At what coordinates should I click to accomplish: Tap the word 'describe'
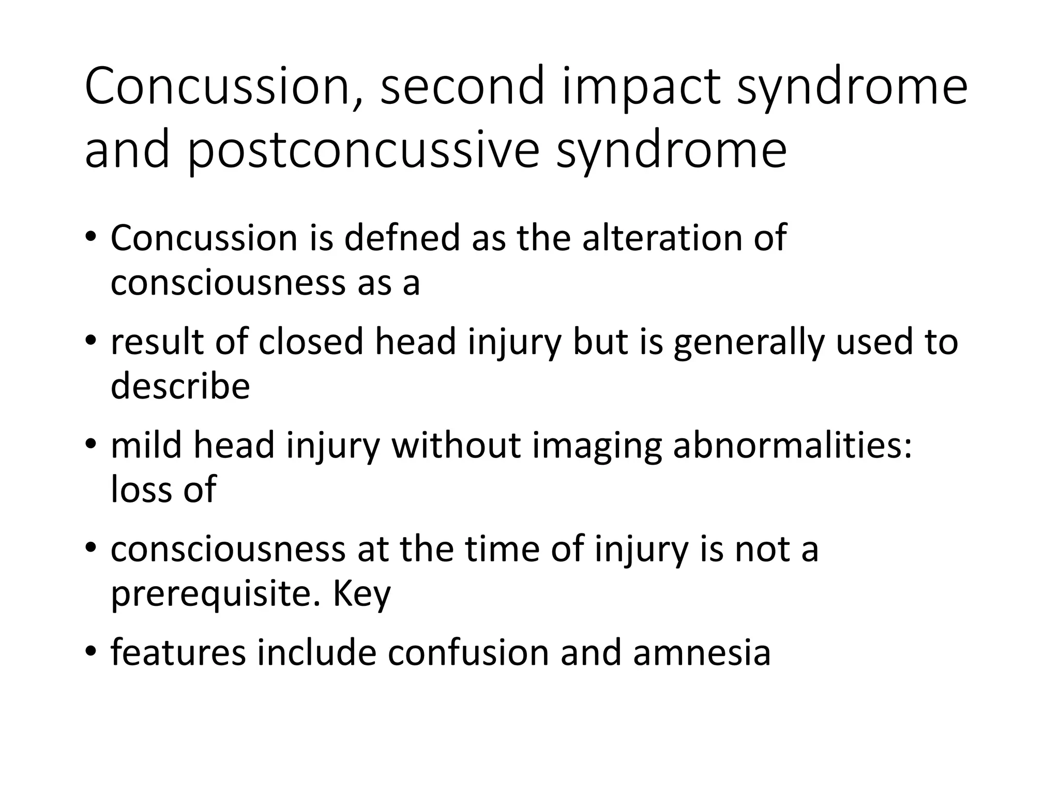pos(180,386)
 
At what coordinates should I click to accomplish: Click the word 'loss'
pos(139,490)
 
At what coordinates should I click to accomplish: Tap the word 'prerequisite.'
pos(216,594)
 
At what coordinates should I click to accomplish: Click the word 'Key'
pos(361,594)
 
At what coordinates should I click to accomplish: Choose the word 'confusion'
pos(468,653)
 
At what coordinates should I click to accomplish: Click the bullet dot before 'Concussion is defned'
pos(91,237)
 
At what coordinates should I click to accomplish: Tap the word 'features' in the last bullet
pos(178,653)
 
